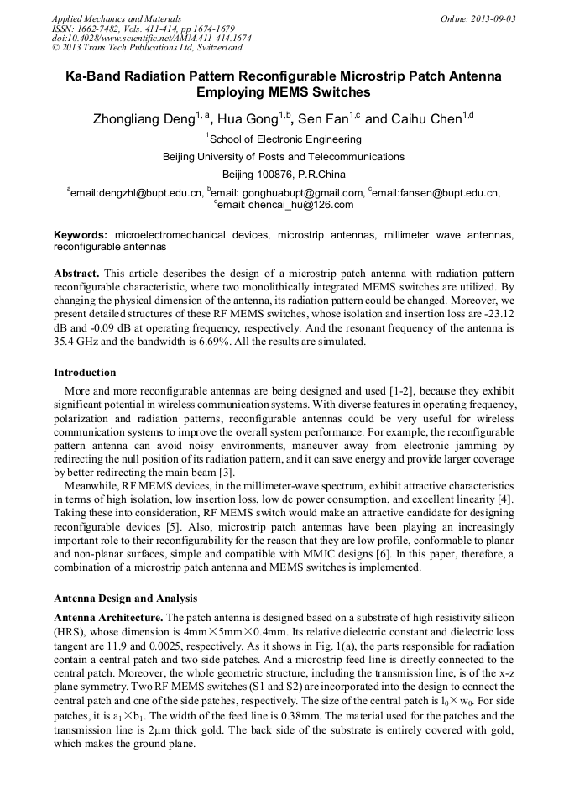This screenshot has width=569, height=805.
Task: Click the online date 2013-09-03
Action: click(x=488, y=18)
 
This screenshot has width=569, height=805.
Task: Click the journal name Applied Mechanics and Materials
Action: click(x=116, y=18)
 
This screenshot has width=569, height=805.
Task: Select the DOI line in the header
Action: click(x=151, y=39)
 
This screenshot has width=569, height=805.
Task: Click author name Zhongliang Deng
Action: click(x=144, y=119)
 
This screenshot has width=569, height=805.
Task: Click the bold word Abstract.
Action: click(x=77, y=274)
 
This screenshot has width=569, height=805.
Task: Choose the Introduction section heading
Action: click(x=85, y=372)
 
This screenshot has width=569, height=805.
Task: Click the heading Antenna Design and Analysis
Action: click(x=125, y=599)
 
